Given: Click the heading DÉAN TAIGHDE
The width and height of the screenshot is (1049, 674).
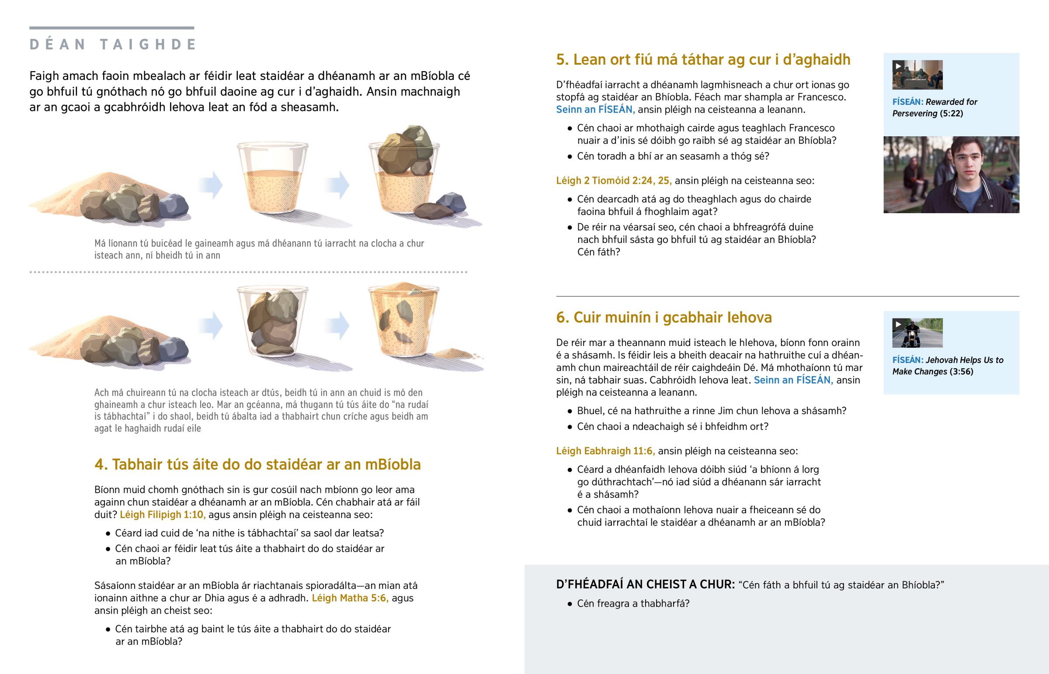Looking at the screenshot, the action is click(112, 45).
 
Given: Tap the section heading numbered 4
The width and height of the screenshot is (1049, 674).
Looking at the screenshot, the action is click(257, 464).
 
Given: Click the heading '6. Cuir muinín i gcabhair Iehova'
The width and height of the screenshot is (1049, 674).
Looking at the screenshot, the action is click(664, 317).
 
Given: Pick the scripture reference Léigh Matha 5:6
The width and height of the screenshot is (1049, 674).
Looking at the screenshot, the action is click(350, 598).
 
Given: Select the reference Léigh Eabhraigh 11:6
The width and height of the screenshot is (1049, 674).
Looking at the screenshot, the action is click(605, 451).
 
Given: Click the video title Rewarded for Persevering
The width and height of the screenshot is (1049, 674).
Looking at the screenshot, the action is click(935, 107).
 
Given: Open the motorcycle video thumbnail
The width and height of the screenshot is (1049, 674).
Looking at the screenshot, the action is click(917, 333).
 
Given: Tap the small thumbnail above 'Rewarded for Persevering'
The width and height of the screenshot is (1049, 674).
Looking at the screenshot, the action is click(917, 75).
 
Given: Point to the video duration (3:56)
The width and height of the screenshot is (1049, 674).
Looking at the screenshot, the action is click(961, 372).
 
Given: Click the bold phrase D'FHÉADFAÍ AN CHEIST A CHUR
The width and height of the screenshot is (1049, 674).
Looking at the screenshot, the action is click(645, 585).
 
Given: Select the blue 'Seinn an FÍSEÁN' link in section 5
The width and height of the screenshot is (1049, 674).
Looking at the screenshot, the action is click(595, 109).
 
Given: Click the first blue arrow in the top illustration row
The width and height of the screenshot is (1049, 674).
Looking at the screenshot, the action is click(210, 185).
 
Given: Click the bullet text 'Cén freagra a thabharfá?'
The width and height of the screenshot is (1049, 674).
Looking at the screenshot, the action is click(633, 604).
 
